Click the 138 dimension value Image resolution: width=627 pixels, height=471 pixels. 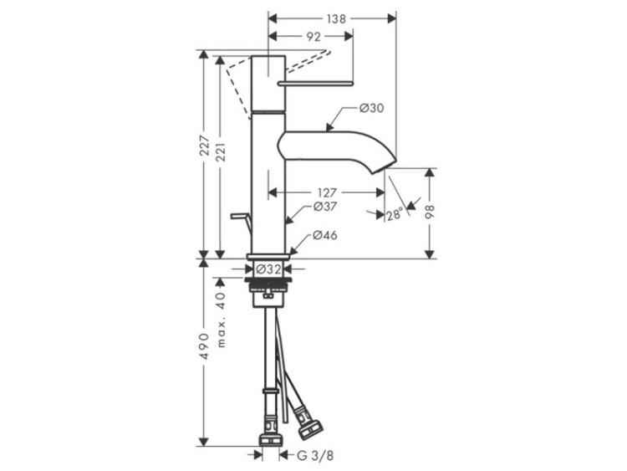tap(336, 18)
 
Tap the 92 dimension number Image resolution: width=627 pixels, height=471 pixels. tap(313, 37)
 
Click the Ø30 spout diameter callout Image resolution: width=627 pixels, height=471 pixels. tap(371, 108)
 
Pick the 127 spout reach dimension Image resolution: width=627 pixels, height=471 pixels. tap(327, 193)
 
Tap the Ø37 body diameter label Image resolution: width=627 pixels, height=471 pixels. tap(325, 207)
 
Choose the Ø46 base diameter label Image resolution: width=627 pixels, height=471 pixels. tap(325, 235)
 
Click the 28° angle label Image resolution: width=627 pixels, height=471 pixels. tap(395, 215)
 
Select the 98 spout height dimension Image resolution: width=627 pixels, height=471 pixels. tap(430, 212)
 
